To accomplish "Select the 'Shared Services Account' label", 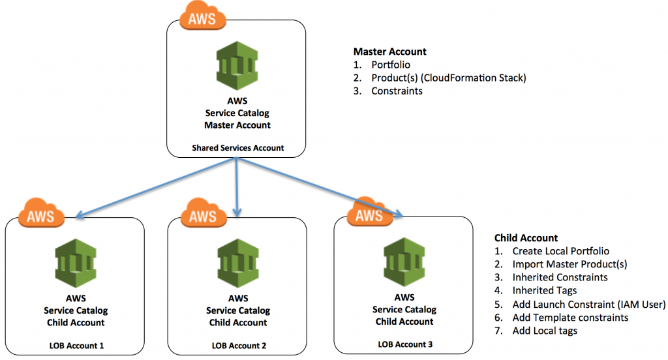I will tap(237, 148).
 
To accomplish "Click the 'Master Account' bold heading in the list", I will tap(390, 52).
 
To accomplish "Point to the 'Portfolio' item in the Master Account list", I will tap(391, 65).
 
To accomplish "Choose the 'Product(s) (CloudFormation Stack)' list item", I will tap(448, 78).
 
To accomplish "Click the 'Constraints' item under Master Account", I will tap(397, 91).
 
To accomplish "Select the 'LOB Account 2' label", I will tap(237, 344).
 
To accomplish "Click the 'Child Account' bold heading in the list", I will tap(526, 238).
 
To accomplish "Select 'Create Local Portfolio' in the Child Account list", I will tap(561, 251).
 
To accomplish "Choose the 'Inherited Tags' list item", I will tap(544, 290).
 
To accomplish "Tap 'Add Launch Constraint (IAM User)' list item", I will tap(588, 304).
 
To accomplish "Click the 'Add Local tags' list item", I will tap(545, 331).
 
